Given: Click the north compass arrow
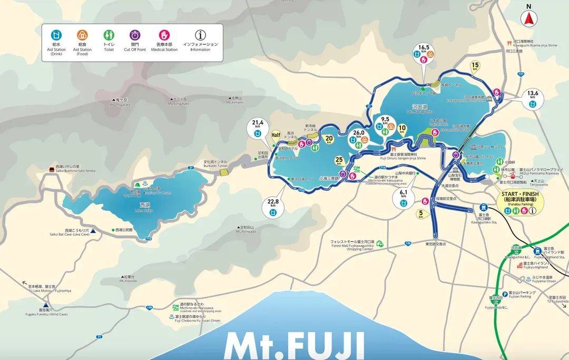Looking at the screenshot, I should [528, 17].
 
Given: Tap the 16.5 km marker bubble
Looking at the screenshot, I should [424, 53].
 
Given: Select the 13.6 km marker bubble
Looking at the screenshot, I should [532, 99].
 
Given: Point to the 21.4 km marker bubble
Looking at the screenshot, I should [257, 130].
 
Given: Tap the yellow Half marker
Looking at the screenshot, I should [275, 135].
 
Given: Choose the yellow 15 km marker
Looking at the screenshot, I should [475, 67].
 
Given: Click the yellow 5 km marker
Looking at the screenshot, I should [420, 214].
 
